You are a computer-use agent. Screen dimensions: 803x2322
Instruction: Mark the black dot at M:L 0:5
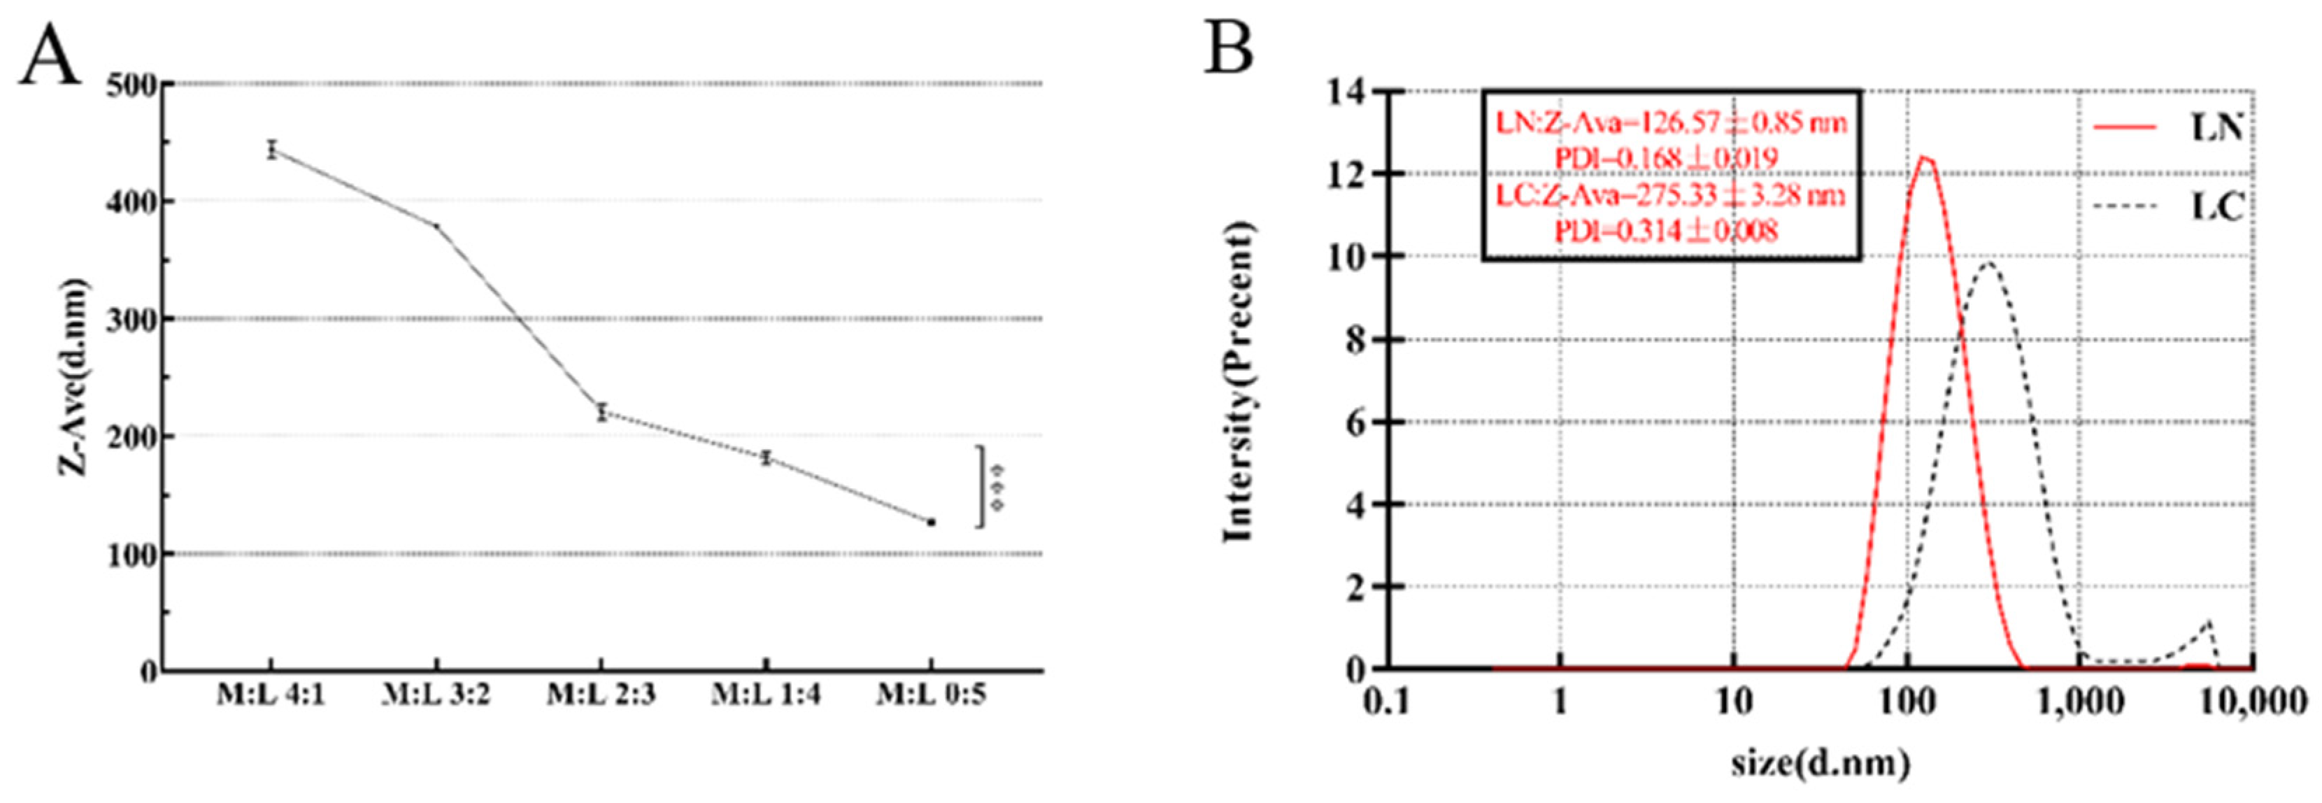pyautogui.click(x=931, y=522)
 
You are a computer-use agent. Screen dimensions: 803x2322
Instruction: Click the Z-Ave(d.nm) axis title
pyautogui.click(x=76, y=377)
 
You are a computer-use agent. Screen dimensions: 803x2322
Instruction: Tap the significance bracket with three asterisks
pyautogui.click(x=990, y=487)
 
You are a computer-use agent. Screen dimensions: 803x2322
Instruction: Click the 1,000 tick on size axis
pyautogui.click(x=2081, y=701)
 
